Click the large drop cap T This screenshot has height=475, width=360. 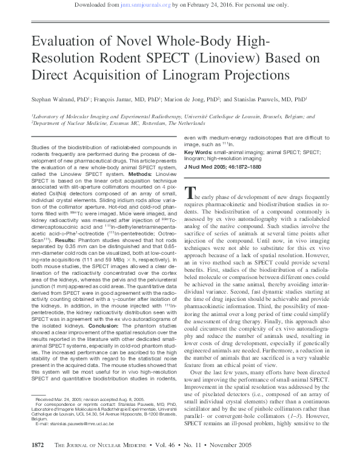(x=188, y=195)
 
